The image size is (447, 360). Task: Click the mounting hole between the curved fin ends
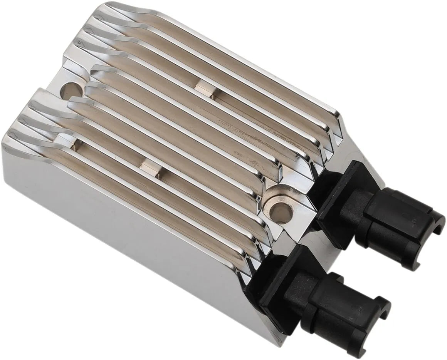[72, 90]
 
